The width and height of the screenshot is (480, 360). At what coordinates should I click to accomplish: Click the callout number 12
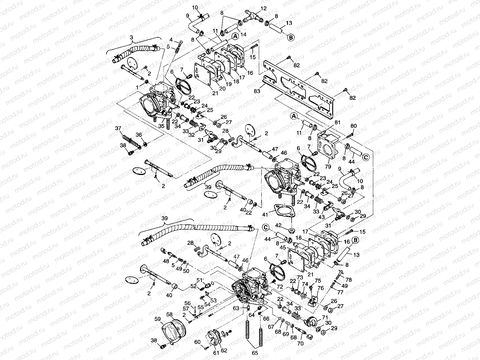(x=263, y=8)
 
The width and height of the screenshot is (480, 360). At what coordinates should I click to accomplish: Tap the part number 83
(x=257, y=91)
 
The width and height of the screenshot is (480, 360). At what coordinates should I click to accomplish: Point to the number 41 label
(x=265, y=215)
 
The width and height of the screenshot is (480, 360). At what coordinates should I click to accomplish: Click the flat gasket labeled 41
(x=284, y=210)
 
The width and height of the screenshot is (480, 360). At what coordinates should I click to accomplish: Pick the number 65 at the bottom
(x=255, y=353)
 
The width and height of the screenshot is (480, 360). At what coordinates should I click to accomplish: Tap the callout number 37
(x=118, y=128)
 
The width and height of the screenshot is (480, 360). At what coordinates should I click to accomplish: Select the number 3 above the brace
(x=131, y=37)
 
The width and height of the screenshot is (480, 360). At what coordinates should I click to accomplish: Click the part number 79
(x=328, y=167)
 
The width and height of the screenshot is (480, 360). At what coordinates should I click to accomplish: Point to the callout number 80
(x=353, y=126)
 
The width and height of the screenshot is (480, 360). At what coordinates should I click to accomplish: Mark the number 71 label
(x=325, y=317)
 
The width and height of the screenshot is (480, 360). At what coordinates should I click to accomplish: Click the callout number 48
(x=166, y=261)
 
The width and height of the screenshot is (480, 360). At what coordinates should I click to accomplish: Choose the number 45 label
(x=283, y=247)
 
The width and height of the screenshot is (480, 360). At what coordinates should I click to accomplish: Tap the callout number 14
(x=243, y=34)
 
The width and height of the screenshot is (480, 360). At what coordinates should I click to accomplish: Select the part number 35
(x=161, y=126)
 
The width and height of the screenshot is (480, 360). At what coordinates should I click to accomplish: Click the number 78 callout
(x=349, y=280)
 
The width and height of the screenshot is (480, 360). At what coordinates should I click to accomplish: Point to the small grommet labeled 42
(x=291, y=230)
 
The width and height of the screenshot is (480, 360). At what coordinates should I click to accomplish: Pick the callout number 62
(x=224, y=350)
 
